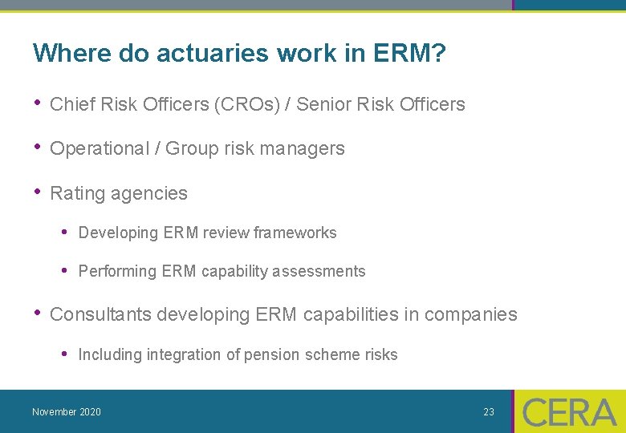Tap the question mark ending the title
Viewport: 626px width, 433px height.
tap(438, 54)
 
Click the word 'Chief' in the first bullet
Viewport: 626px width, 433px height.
tap(71, 104)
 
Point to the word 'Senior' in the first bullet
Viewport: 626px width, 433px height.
tap(323, 104)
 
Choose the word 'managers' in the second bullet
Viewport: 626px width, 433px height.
tap(308, 148)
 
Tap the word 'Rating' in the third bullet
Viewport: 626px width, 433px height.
tap(75, 193)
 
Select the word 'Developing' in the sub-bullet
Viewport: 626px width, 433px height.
tap(118, 233)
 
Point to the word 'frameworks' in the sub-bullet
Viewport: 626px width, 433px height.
tap(295, 233)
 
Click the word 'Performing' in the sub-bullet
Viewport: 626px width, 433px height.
tap(117, 272)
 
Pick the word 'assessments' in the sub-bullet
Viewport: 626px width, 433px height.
tap(319, 272)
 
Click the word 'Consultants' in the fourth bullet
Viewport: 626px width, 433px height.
tap(100, 314)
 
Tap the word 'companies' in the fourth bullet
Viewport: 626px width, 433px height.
tap(471, 314)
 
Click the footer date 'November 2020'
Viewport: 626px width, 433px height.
tap(67, 412)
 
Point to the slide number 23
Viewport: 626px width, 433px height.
tap(489, 412)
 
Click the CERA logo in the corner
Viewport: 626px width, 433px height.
tap(569, 412)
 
